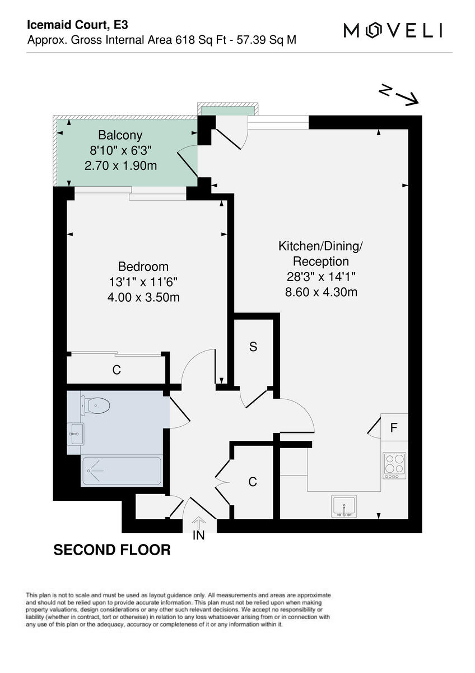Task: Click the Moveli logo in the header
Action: (393, 30)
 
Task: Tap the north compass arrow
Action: (399, 95)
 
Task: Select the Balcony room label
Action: (120, 135)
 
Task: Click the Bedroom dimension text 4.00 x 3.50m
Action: (143, 297)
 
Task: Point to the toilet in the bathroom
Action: (95, 404)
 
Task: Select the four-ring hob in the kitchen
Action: (394, 465)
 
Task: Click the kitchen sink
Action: (344, 506)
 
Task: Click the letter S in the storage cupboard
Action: (253, 347)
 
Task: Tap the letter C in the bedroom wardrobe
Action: (117, 370)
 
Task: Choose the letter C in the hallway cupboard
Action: (253, 482)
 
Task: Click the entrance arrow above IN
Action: (199, 521)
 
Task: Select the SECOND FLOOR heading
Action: (112, 550)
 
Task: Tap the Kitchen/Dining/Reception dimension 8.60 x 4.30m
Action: (321, 292)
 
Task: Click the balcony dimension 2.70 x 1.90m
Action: (120, 165)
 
